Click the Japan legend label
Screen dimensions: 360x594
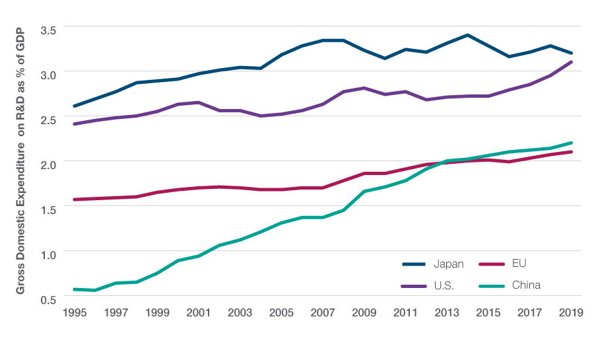tap(448, 264)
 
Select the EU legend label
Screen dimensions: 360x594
tap(519, 264)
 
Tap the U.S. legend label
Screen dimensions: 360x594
tap(444, 285)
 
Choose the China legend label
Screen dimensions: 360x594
tap(525, 285)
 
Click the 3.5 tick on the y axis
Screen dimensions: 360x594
tap(50, 30)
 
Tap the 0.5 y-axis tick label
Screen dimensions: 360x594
tap(50, 299)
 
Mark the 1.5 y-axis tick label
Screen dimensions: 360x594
tap(50, 209)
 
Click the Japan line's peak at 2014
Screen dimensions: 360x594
tap(467, 35)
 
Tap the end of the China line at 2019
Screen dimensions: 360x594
tap(571, 143)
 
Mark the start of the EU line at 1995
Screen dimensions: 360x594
tap(74, 199)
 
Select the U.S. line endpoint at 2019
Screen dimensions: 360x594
tap(571, 62)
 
